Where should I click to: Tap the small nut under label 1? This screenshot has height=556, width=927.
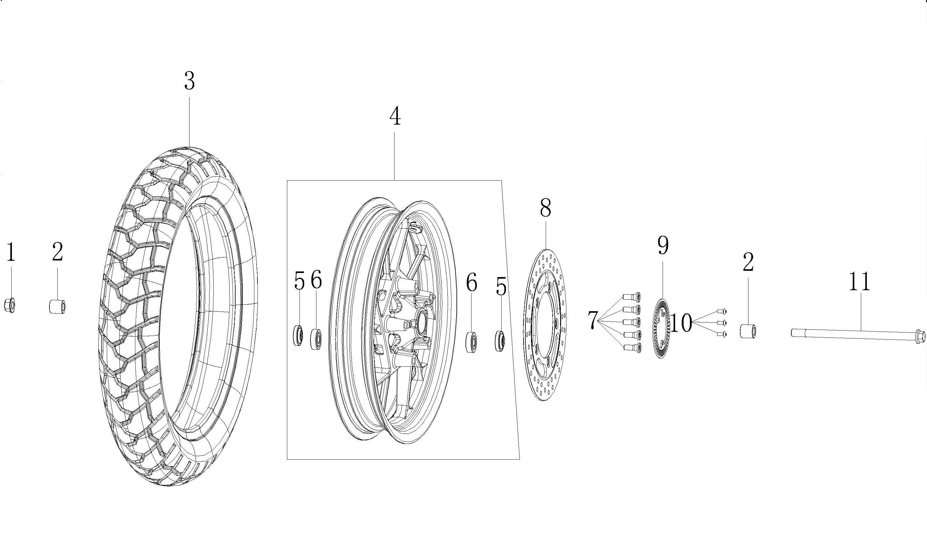[10, 305]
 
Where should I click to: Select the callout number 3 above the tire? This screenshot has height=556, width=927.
[189, 81]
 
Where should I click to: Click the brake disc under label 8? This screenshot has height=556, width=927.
[545, 324]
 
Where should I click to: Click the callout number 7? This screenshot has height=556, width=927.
[592, 320]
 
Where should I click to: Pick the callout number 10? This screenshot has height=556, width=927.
[681, 323]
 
